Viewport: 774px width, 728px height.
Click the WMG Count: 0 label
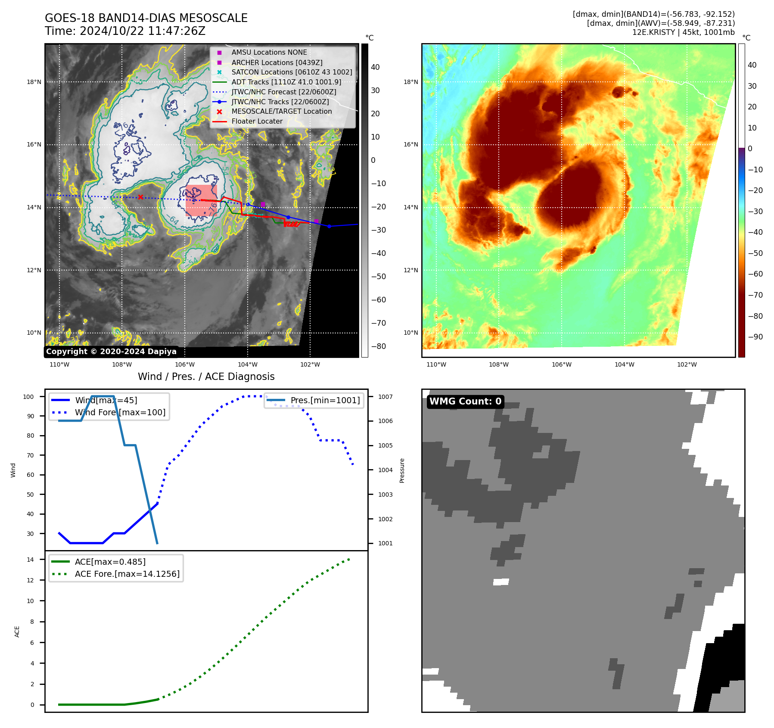(465, 401)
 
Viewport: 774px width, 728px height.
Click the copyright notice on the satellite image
(111, 352)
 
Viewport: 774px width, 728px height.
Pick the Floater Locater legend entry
(257, 121)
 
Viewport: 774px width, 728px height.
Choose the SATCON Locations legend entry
(292, 72)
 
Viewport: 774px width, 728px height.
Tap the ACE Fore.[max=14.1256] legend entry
(127, 574)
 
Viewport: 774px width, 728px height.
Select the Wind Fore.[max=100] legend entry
(120, 412)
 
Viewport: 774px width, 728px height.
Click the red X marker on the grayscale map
(140, 197)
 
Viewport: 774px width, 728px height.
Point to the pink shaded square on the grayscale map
(201, 200)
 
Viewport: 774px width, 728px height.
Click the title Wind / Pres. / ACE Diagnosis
(206, 376)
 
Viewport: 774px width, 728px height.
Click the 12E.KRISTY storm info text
(683, 32)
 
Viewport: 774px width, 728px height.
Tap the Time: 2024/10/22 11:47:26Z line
(125, 31)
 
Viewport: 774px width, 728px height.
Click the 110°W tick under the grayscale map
(59, 364)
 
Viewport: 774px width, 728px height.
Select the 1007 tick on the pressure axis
(385, 397)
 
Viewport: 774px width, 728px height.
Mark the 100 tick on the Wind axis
(28, 397)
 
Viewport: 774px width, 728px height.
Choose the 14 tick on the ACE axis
(30, 560)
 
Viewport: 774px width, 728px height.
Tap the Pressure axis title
(402, 470)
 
